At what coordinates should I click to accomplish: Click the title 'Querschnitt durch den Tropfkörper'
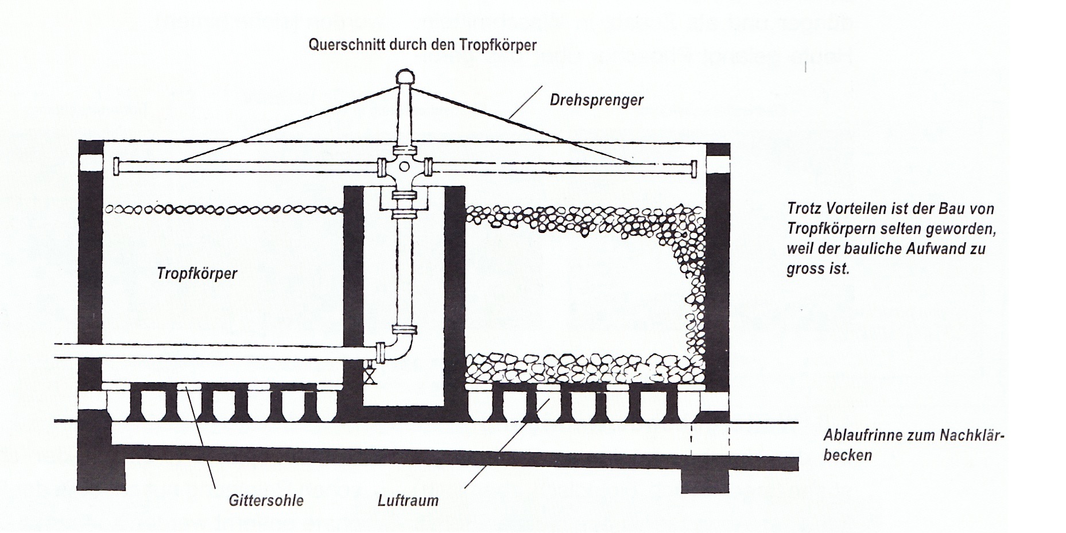[x=422, y=45]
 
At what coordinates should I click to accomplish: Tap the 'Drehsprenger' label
[x=596, y=100]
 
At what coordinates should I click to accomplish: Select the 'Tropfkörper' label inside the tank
[x=197, y=273]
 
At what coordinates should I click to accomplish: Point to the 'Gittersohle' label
[x=266, y=500]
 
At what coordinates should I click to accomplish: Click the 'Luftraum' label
[x=408, y=500]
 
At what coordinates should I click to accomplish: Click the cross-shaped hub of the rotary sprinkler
[x=404, y=168]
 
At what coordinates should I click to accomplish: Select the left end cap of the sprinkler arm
[x=117, y=166]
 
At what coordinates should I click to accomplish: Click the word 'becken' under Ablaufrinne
[x=847, y=456]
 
